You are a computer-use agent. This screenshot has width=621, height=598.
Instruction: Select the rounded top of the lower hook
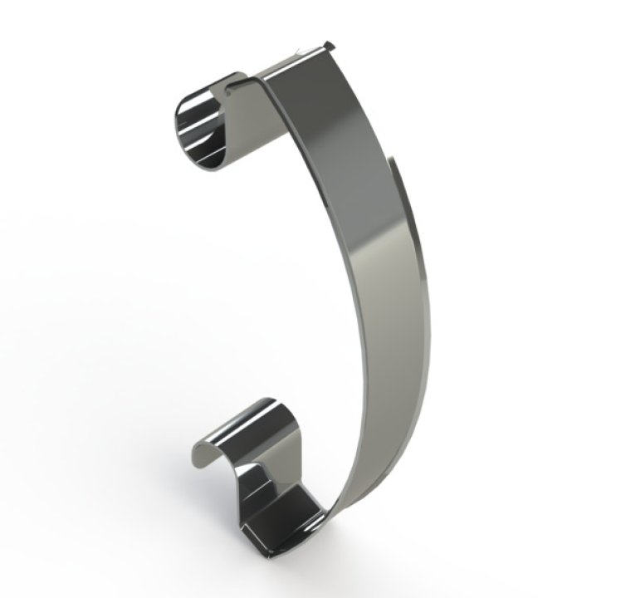coord(257,415)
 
